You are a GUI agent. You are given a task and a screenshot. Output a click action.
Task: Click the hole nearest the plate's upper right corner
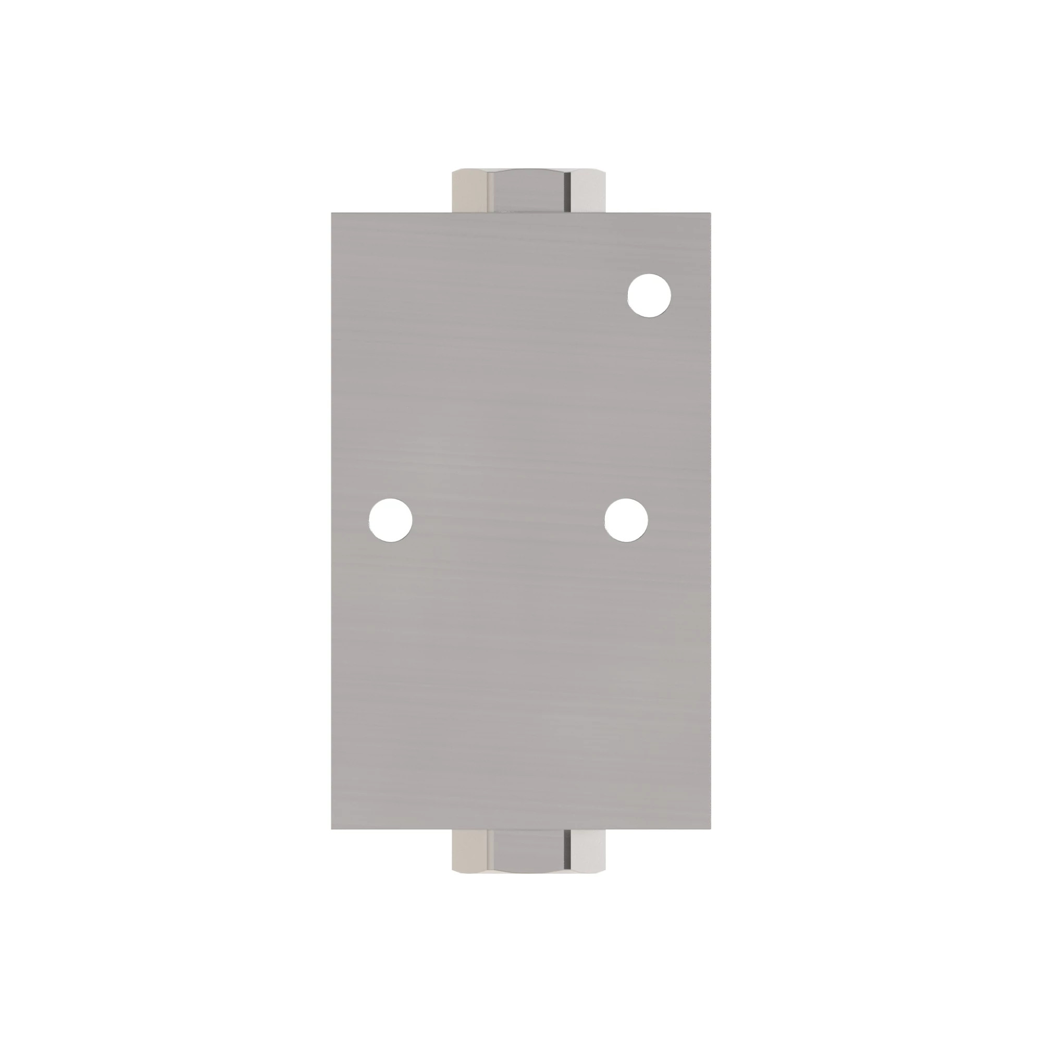click(649, 295)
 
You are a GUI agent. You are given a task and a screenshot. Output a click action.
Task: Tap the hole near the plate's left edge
click(390, 519)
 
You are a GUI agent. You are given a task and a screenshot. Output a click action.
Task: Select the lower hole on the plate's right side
click(626, 519)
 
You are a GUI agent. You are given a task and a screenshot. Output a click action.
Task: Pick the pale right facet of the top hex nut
click(588, 192)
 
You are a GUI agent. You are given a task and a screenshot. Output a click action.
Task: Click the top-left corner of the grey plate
click(332, 213)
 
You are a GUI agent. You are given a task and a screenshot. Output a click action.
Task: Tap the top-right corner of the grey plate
click(710, 213)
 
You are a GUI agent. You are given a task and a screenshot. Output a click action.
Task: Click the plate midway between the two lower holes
click(508, 519)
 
